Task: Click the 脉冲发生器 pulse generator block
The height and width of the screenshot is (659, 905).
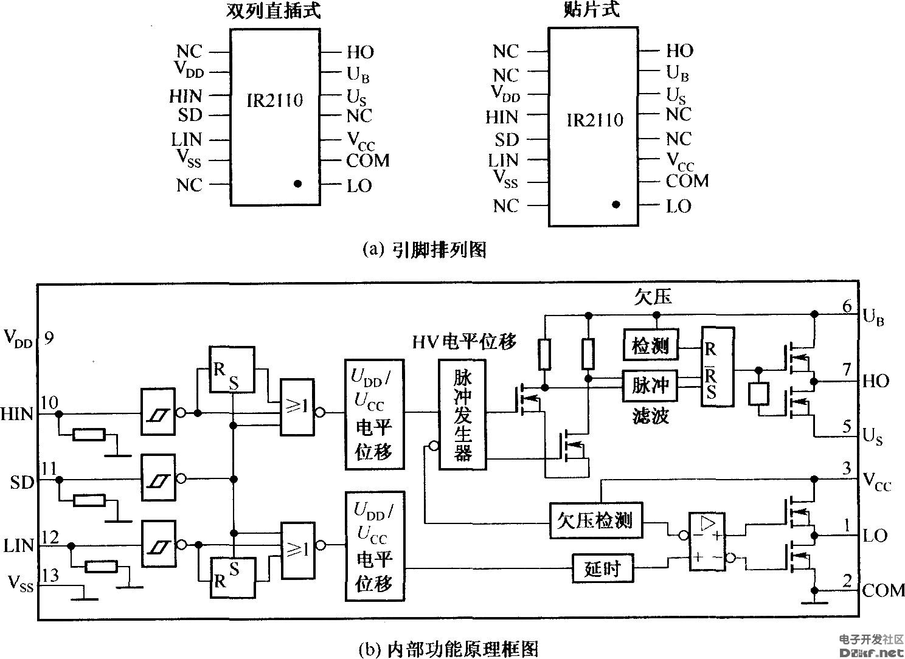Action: [x=462, y=415]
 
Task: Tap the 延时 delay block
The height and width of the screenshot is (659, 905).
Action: [x=602, y=568]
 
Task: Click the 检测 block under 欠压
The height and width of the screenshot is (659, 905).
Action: [x=650, y=347]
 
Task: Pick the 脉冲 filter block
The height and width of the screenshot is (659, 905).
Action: [x=650, y=385]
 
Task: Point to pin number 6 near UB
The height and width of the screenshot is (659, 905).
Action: [x=847, y=306]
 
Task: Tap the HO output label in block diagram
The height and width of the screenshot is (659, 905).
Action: [x=876, y=382]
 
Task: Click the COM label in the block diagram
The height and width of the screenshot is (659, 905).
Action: [x=884, y=590]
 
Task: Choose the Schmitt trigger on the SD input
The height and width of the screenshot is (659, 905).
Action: [x=158, y=480]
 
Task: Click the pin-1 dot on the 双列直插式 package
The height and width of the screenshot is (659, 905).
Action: [x=297, y=183]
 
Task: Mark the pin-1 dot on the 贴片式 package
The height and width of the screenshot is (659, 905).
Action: [x=616, y=205]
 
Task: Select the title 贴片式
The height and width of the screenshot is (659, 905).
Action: [x=591, y=10]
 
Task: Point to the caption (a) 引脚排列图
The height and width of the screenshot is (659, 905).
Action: [x=424, y=249]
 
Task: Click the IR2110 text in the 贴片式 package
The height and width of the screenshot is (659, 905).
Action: [x=595, y=120]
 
